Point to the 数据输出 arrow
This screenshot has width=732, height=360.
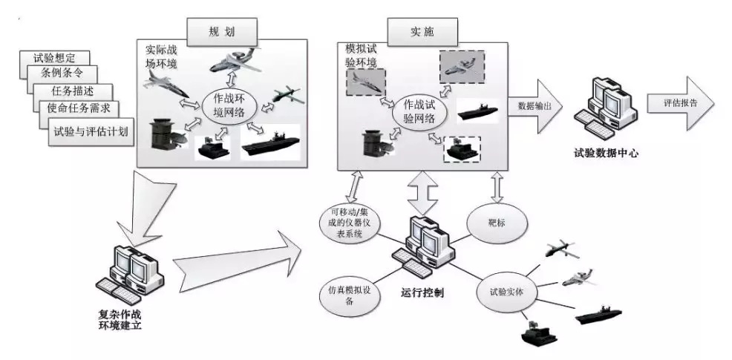(535, 105)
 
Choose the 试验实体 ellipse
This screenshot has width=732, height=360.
(505, 292)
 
